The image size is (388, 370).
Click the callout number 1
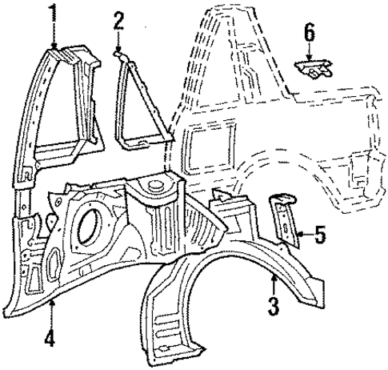click(x=54, y=13)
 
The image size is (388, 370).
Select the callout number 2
click(x=119, y=20)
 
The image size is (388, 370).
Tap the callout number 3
click(x=273, y=304)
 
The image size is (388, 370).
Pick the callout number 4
click(x=50, y=339)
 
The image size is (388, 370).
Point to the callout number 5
click(x=319, y=235)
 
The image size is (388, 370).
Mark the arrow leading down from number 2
click(x=119, y=42)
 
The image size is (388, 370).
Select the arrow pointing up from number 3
click(x=273, y=284)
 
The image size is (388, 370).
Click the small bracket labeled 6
click(x=310, y=68)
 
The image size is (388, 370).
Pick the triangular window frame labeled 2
click(x=140, y=104)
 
